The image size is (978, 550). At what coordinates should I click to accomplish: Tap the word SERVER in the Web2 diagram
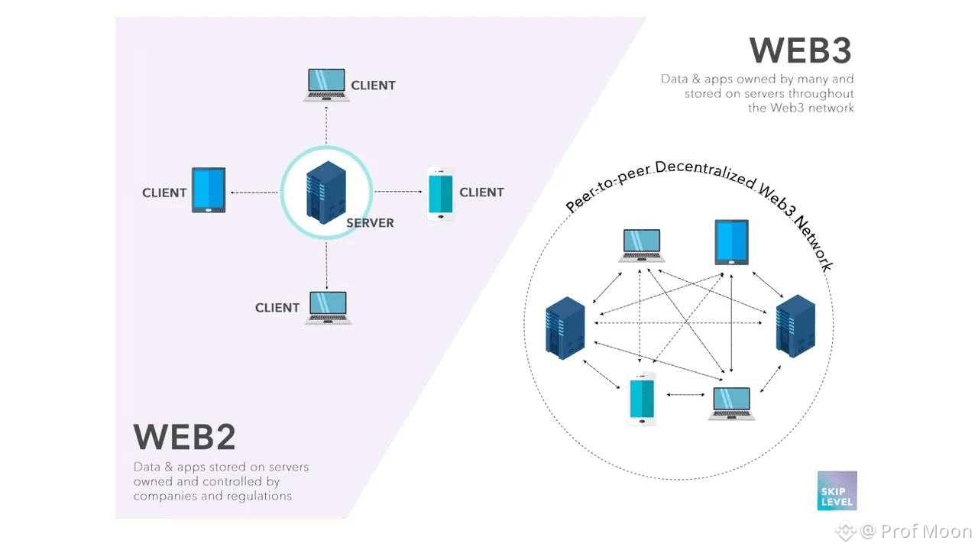click(x=370, y=223)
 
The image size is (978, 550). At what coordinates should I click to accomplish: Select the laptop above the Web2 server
click(x=326, y=85)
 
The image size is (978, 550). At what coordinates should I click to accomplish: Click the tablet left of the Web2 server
click(x=208, y=190)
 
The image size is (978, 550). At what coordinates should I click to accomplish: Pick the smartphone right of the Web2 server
click(x=440, y=194)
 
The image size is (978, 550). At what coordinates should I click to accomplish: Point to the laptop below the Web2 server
click(x=328, y=308)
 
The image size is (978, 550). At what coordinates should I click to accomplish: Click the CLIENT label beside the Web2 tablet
click(x=164, y=192)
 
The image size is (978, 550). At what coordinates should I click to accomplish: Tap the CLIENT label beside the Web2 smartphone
click(x=481, y=192)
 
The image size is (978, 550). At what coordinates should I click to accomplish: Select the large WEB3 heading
click(x=800, y=50)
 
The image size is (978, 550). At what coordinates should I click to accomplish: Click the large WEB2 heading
click(x=184, y=437)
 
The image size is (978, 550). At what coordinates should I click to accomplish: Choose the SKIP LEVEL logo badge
click(x=837, y=490)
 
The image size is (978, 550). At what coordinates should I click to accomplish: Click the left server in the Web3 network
click(x=565, y=328)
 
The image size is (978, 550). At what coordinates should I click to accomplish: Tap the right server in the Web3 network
click(x=795, y=326)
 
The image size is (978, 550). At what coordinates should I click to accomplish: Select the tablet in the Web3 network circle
click(x=731, y=242)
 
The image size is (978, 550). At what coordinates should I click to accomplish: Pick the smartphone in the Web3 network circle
click(x=643, y=398)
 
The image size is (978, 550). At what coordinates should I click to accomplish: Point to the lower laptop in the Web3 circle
click(x=731, y=403)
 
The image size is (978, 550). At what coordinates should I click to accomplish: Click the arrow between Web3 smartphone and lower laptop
click(x=685, y=395)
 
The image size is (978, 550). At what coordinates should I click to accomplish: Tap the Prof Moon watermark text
click(x=925, y=531)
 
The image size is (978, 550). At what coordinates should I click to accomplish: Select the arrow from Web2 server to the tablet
click(x=254, y=192)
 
